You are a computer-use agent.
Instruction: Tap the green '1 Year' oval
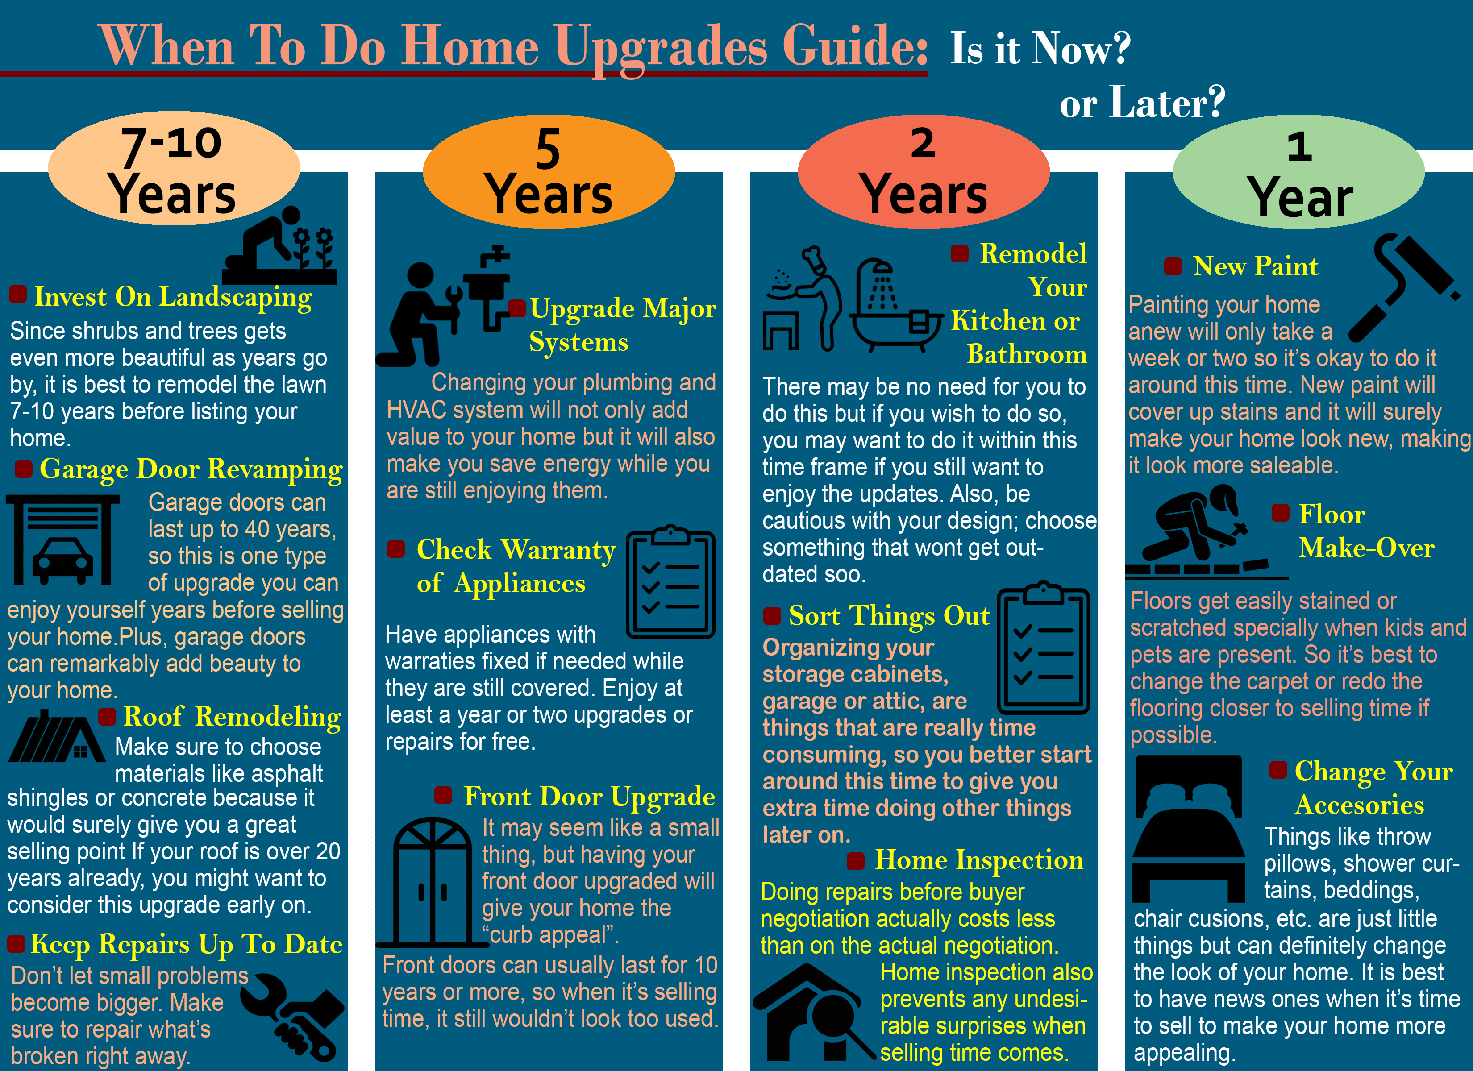pos(1298,172)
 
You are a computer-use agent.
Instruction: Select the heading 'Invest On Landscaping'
pos(173,297)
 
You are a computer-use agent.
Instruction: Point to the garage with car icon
pos(63,540)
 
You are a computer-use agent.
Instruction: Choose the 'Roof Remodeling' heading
pos(232,716)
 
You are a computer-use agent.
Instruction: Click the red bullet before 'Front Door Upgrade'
pos(443,795)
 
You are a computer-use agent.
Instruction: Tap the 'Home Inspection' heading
pos(979,860)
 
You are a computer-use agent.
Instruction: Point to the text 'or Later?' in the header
pos(1142,102)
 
